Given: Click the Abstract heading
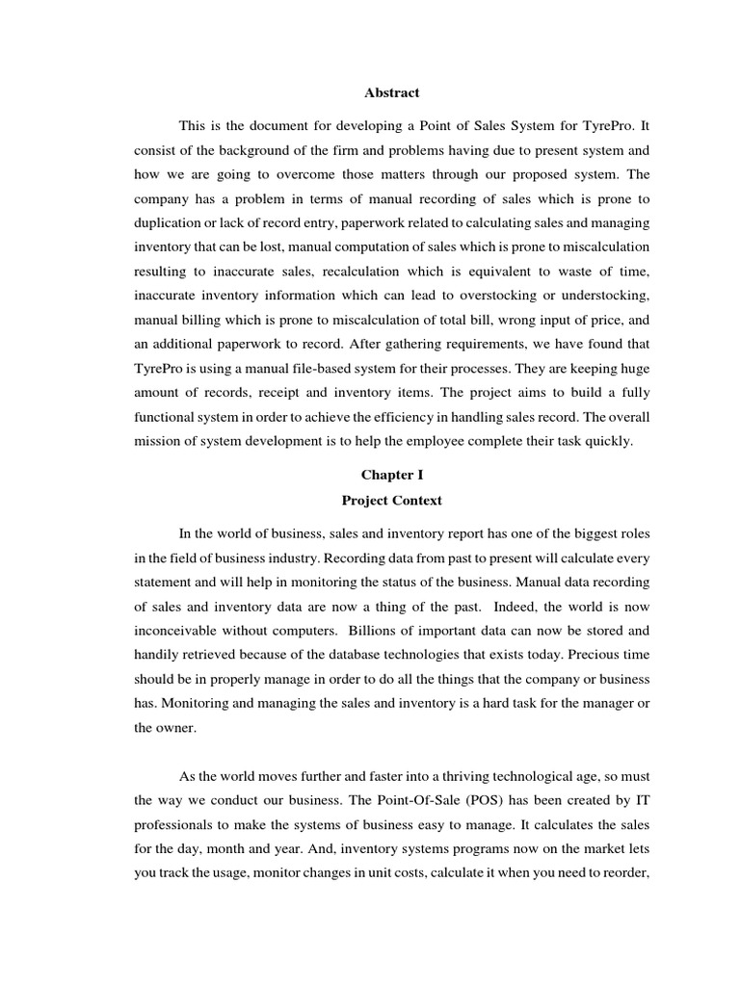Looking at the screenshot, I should [x=391, y=93].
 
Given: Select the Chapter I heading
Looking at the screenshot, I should [x=391, y=475].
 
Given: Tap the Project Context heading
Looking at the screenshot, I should [x=391, y=501].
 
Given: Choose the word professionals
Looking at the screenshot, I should [x=172, y=825].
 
